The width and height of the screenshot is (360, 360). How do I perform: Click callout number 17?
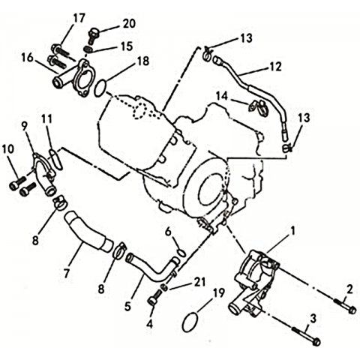(79, 18)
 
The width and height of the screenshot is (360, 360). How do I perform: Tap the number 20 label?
(129, 24)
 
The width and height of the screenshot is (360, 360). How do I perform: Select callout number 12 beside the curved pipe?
(275, 66)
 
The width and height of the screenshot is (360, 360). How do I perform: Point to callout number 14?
(222, 96)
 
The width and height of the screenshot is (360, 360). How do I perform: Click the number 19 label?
(219, 293)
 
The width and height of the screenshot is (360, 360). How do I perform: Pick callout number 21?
(199, 282)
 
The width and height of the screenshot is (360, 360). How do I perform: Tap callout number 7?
(66, 273)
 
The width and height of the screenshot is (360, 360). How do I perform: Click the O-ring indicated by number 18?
(100, 88)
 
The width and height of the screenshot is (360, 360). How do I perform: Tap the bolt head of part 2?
(352, 310)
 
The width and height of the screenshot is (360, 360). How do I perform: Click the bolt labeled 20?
(94, 36)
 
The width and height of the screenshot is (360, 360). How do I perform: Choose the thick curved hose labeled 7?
(88, 231)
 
